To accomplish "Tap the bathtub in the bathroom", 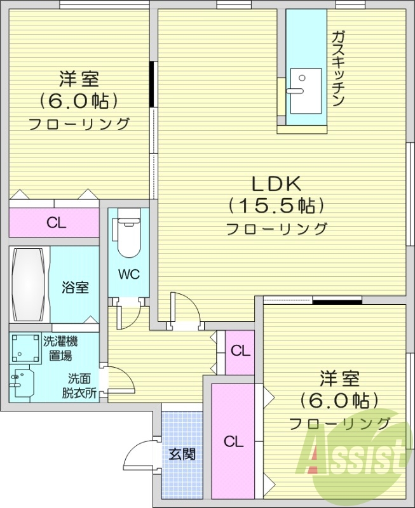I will [x=29, y=284].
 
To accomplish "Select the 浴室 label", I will [x=75, y=287].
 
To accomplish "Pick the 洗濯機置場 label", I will [x=58, y=348].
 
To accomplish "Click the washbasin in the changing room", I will [x=22, y=383].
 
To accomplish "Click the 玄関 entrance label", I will [x=182, y=454].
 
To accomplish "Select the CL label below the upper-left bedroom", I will [x=56, y=223].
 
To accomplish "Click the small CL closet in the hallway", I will [x=240, y=351].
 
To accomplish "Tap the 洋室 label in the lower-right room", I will [x=339, y=380].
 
